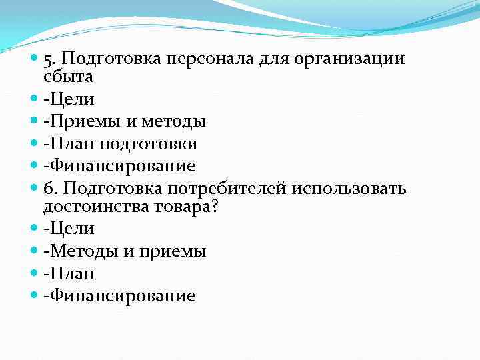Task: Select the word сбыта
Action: (67, 77)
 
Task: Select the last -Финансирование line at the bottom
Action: (119, 295)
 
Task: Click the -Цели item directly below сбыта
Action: (69, 99)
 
